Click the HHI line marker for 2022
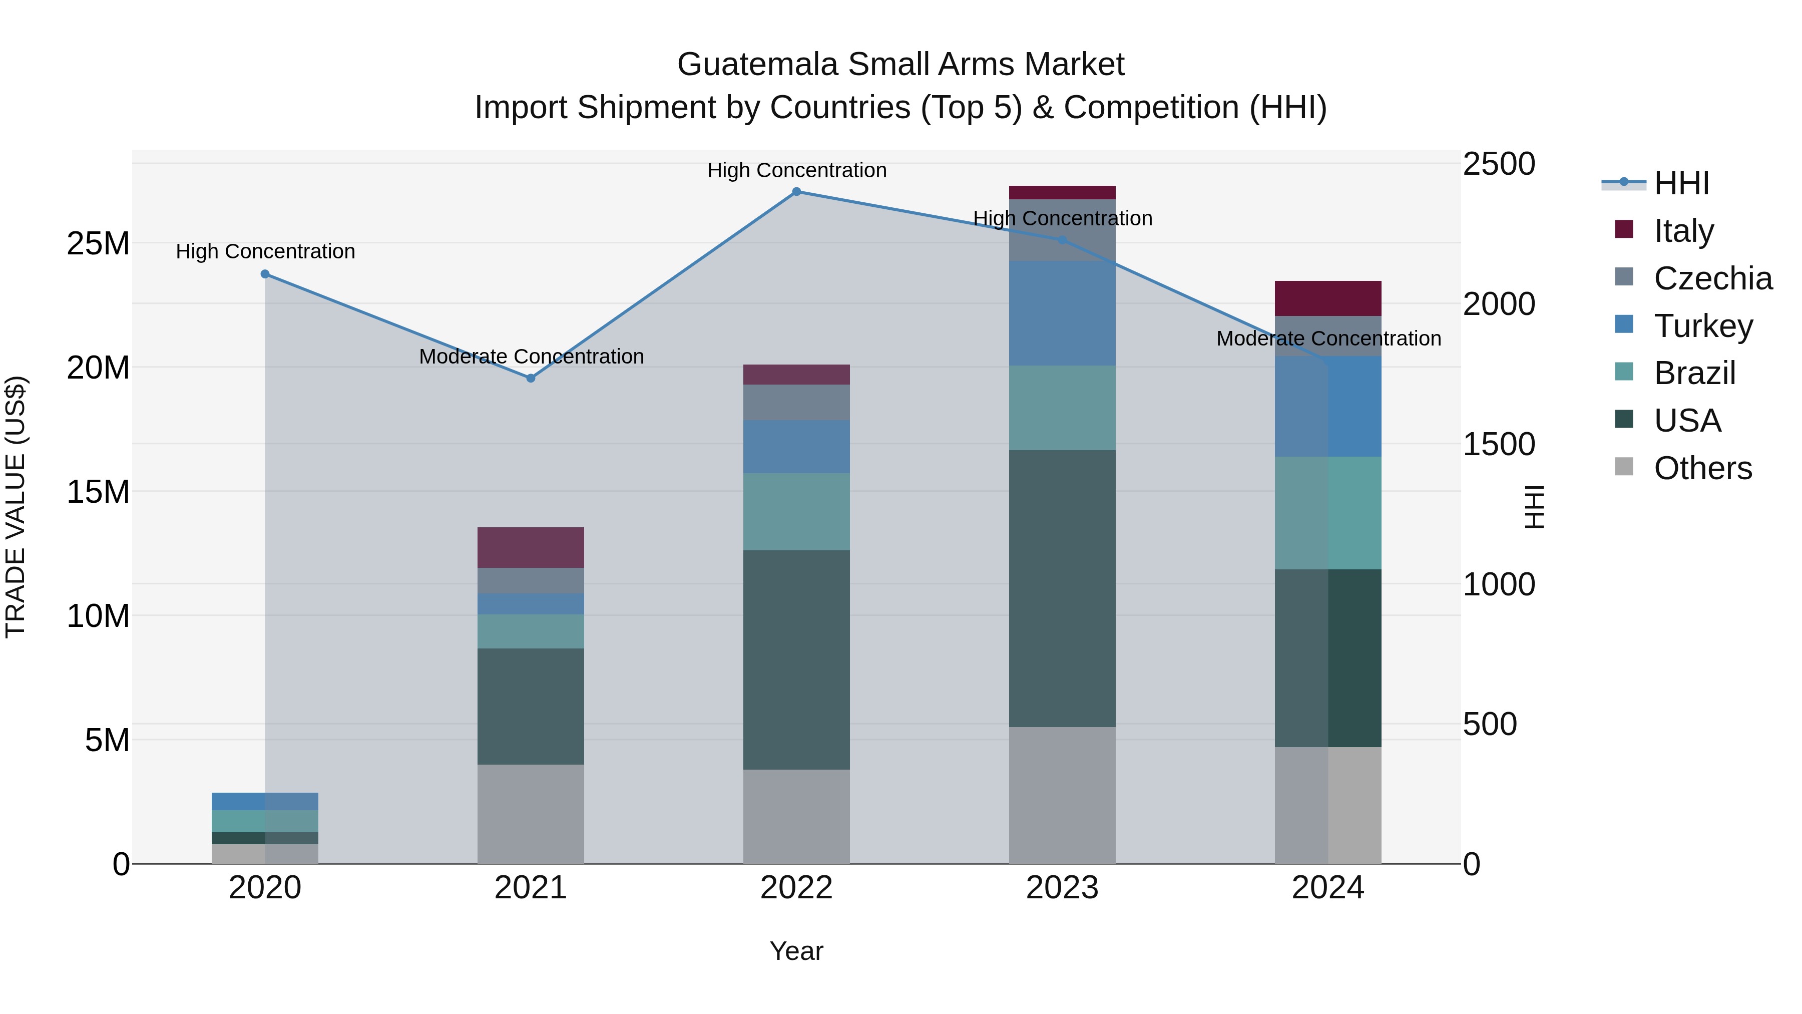point(796,192)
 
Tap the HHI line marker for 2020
point(265,274)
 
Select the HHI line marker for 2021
point(530,378)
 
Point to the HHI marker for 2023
point(1062,240)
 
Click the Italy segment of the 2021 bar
point(530,547)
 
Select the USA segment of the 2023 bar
point(1062,588)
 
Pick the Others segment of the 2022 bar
point(796,816)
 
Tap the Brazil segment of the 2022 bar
point(796,512)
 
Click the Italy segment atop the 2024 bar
point(1327,298)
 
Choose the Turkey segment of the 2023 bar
point(1062,313)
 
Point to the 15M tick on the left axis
point(98,492)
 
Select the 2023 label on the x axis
point(1062,888)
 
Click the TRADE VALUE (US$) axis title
point(16,507)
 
